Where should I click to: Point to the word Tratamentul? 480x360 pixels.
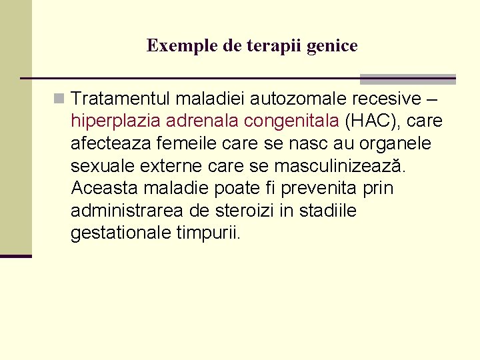[x=121, y=99]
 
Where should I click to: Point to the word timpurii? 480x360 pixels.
[x=211, y=234]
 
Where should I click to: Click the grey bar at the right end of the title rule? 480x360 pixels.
[x=407, y=79]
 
